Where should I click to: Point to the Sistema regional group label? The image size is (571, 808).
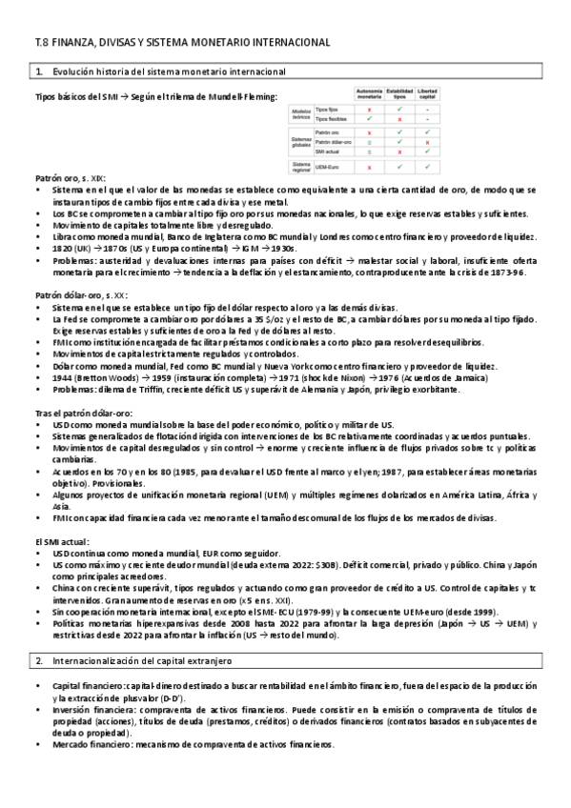302,167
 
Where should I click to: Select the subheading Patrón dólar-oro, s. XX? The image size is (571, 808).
78,295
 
